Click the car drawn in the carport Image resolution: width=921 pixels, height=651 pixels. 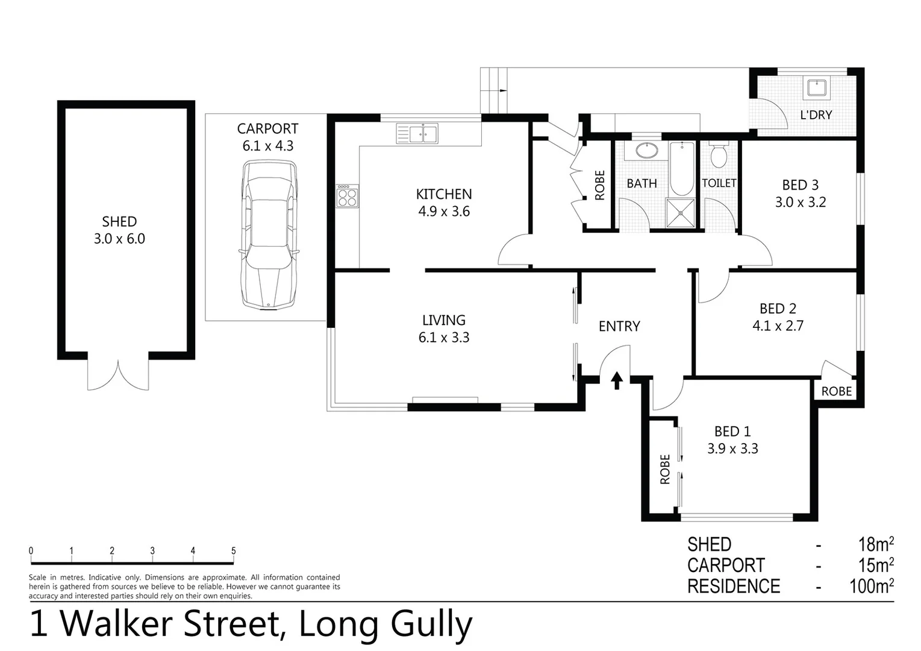[x=269, y=234]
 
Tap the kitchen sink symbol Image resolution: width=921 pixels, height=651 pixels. [x=417, y=133]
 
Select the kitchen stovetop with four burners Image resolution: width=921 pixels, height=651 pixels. [x=348, y=195]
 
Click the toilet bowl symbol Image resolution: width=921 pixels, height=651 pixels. [x=719, y=156]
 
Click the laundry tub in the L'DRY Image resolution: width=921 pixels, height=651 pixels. [x=817, y=88]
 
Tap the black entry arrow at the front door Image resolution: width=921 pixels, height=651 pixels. [x=617, y=381]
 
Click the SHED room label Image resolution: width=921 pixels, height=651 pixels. [x=119, y=221]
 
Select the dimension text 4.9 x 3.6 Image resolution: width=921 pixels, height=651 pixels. [x=444, y=212]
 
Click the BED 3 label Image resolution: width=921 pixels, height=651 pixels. [x=800, y=185]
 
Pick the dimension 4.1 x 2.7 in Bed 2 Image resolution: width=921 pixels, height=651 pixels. [x=778, y=326]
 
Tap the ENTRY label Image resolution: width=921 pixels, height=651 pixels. [x=619, y=326]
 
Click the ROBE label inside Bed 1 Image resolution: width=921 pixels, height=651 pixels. [x=665, y=469]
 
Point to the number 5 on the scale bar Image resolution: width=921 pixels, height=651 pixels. [x=233, y=551]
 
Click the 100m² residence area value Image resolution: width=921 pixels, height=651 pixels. [x=871, y=586]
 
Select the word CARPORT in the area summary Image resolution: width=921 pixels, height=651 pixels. [x=726, y=565]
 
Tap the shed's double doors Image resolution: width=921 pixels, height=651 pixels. [x=118, y=375]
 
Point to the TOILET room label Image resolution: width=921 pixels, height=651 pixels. [x=719, y=183]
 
